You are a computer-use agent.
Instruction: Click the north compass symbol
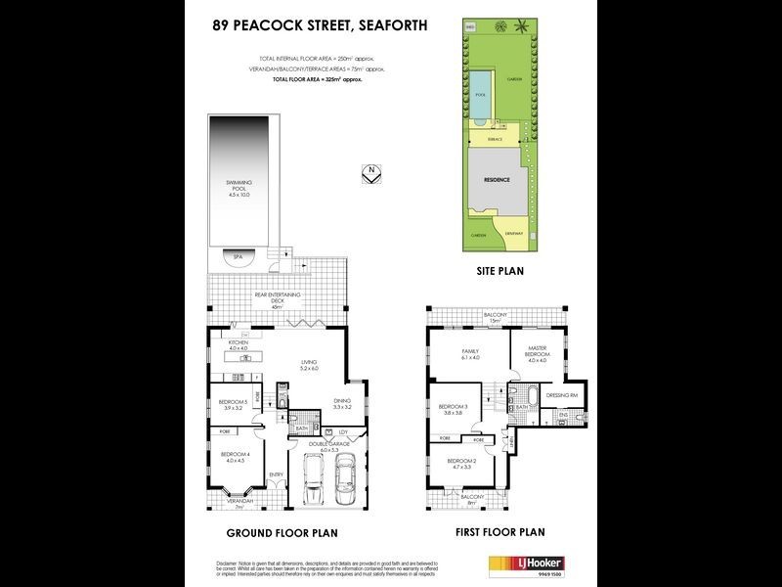[369, 173]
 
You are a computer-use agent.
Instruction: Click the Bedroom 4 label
[235, 457]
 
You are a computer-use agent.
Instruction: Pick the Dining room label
[341, 404]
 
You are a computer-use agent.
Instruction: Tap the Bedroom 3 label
[453, 410]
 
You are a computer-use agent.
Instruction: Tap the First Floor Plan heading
[500, 533]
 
